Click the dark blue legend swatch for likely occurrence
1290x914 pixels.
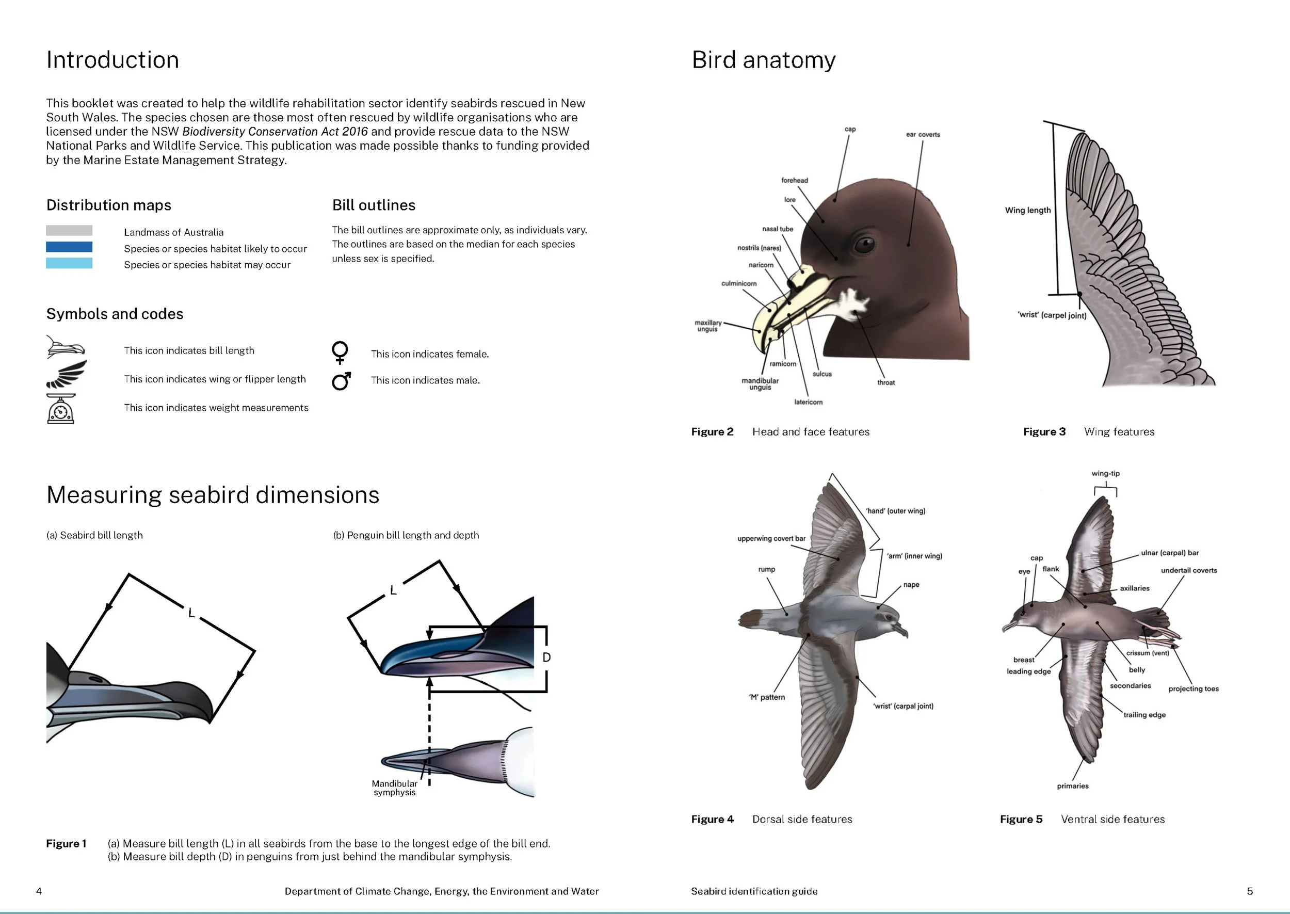tap(69, 247)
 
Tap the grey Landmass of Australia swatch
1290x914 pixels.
tap(69, 230)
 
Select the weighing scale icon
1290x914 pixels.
tap(60, 409)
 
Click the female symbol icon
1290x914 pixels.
tap(340, 353)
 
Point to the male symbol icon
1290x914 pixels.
tap(342, 381)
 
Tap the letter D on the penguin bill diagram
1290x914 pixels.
tap(546, 658)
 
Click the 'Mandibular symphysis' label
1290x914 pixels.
tap(394, 788)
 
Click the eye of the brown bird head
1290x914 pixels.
tap(864, 244)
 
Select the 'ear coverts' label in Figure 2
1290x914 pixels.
tap(923, 135)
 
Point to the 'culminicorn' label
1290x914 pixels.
tap(739, 284)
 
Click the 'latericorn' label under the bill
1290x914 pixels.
tap(808, 403)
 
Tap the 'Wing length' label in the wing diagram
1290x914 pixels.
tap(1027, 211)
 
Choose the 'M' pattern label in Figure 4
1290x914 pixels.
tap(767, 697)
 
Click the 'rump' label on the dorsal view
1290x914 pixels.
tap(766, 570)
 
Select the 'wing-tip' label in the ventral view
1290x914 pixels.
tap(1105, 474)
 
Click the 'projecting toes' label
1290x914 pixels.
tap(1193, 689)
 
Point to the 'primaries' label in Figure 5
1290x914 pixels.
tap(1072, 786)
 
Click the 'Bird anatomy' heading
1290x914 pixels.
tap(764, 60)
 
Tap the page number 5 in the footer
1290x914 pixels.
tap(1250, 891)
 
